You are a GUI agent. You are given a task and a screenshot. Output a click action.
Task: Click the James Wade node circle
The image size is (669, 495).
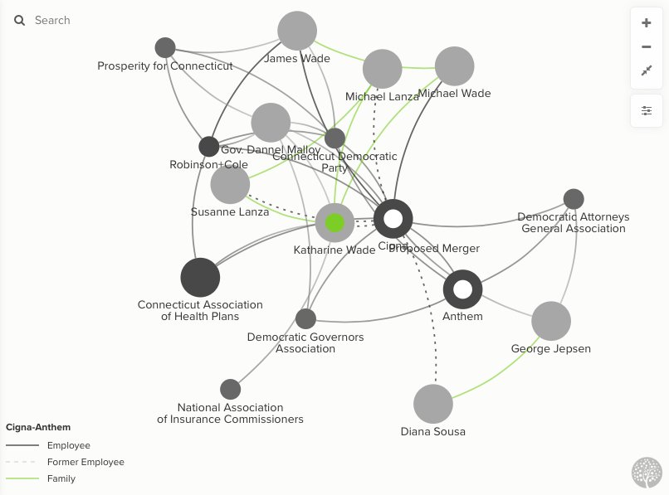(x=297, y=31)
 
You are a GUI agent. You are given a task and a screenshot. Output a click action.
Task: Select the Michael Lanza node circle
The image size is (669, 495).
(x=382, y=69)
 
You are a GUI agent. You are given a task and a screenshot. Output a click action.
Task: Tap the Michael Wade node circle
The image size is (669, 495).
(x=454, y=66)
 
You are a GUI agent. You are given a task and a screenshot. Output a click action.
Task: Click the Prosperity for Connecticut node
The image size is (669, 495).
(x=165, y=47)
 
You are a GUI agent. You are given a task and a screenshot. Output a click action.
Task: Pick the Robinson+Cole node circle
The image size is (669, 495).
(x=209, y=147)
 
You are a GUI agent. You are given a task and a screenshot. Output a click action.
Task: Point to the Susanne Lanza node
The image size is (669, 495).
(x=230, y=184)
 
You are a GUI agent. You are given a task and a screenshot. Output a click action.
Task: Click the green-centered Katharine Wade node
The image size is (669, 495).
(x=334, y=222)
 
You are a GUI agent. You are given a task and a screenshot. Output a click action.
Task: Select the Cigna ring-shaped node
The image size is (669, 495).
(x=393, y=219)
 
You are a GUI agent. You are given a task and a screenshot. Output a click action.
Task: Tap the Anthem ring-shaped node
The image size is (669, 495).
(x=462, y=289)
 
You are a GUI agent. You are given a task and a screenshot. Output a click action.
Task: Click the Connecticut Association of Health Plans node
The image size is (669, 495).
(x=200, y=277)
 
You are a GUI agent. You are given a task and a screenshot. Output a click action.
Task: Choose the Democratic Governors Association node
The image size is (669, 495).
(x=305, y=318)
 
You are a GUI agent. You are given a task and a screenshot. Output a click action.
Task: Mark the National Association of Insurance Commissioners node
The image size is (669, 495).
(x=230, y=389)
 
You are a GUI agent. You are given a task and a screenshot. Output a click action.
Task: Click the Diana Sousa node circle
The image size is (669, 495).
(x=433, y=404)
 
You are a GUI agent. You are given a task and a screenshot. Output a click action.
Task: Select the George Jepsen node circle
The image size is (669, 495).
(x=551, y=321)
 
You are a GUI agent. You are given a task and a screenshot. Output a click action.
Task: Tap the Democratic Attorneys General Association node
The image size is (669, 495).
(x=574, y=199)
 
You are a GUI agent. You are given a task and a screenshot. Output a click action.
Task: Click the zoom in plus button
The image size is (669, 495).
(x=647, y=23)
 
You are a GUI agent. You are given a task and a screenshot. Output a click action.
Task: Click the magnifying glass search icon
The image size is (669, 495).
(x=20, y=20)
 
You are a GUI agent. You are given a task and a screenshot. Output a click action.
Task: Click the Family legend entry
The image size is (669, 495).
(x=61, y=478)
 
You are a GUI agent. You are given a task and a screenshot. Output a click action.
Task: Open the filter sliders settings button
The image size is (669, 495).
(x=647, y=110)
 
